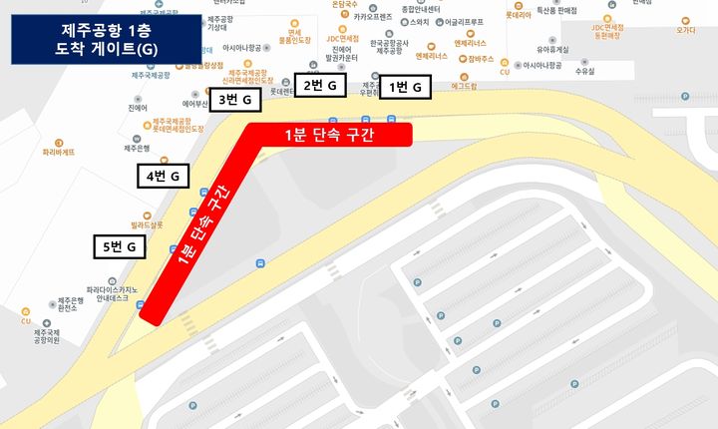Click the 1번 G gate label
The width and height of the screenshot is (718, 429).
click(405, 88)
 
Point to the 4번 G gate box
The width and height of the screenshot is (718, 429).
click(163, 177)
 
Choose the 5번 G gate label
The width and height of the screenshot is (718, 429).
click(120, 245)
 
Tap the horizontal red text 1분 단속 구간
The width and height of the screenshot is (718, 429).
click(329, 135)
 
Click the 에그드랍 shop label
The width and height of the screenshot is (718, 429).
click(465, 87)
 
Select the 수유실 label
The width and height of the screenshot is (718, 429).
click(584, 72)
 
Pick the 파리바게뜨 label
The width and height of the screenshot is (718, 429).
click(59, 154)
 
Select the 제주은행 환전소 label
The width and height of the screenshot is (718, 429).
click(75, 305)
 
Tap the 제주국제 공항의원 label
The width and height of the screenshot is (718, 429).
click(47, 336)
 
